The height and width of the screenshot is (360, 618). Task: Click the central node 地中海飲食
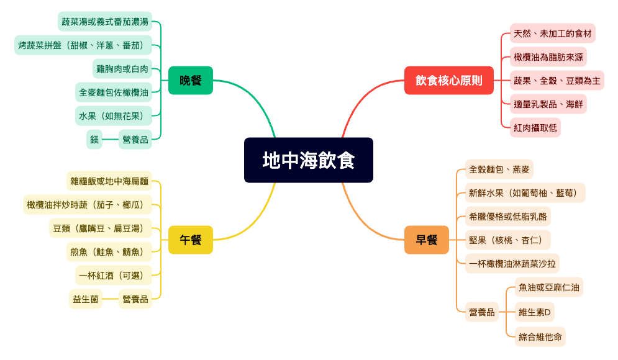click(x=308, y=160)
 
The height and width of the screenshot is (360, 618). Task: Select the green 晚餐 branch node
click(x=190, y=80)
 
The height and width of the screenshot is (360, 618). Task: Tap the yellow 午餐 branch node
click(x=190, y=240)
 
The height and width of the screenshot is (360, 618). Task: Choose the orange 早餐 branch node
click(x=426, y=240)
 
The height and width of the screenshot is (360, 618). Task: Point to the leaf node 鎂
click(x=94, y=140)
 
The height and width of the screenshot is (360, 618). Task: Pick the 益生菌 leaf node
click(x=86, y=299)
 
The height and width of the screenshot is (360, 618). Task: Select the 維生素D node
click(x=534, y=312)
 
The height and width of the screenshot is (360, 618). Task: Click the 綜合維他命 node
click(x=540, y=336)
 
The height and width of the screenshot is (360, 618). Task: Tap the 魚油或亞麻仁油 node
click(x=549, y=287)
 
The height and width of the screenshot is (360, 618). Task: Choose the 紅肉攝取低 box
click(x=535, y=128)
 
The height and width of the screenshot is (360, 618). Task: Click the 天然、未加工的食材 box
click(x=552, y=33)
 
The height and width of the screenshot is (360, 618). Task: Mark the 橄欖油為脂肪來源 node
click(x=548, y=57)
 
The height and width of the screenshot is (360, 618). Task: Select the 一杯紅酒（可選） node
click(x=113, y=275)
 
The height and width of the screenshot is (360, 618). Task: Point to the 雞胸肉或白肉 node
click(x=122, y=68)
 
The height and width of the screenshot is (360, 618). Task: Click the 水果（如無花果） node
click(x=114, y=115)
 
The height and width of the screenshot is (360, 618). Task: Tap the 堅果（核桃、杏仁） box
click(x=507, y=240)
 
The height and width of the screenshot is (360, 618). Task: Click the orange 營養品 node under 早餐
click(x=482, y=312)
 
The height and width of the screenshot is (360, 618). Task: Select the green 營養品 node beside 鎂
click(x=135, y=140)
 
